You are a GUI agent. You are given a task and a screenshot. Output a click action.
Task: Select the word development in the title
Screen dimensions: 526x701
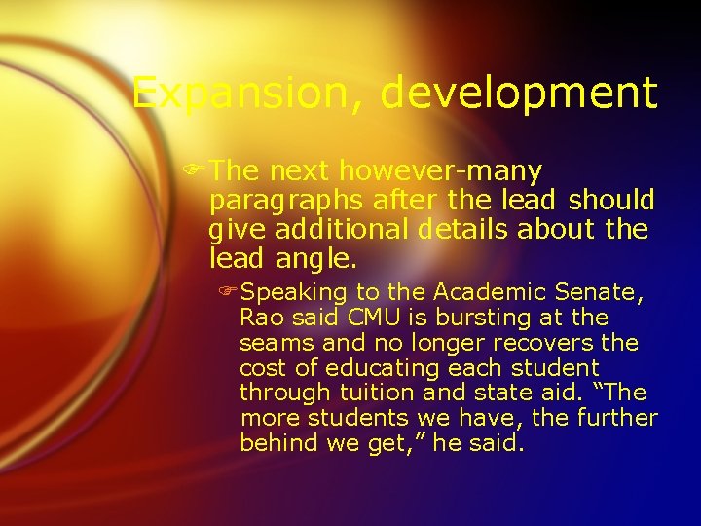point(519,94)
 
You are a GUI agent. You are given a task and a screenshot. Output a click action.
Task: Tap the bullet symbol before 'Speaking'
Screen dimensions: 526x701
point(230,292)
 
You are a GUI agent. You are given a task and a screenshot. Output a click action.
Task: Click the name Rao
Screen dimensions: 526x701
point(260,318)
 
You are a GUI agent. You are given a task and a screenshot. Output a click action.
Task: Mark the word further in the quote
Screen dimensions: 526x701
point(618,419)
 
